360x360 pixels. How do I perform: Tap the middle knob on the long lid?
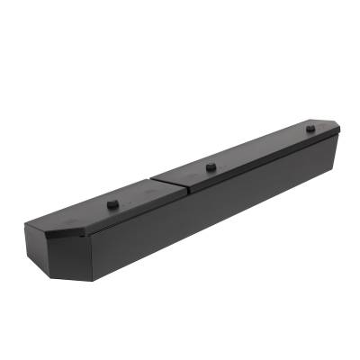[211, 166]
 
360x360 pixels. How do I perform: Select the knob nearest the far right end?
[310, 129]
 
